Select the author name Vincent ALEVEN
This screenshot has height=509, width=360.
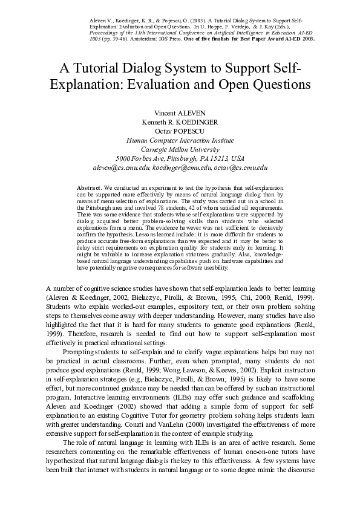pyautogui.click(x=180, y=113)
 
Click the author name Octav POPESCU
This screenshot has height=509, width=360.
pyautogui.click(x=180, y=131)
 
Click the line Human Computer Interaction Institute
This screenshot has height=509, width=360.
pyautogui.click(x=180, y=140)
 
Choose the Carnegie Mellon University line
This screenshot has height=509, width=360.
pyautogui.click(x=180, y=149)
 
